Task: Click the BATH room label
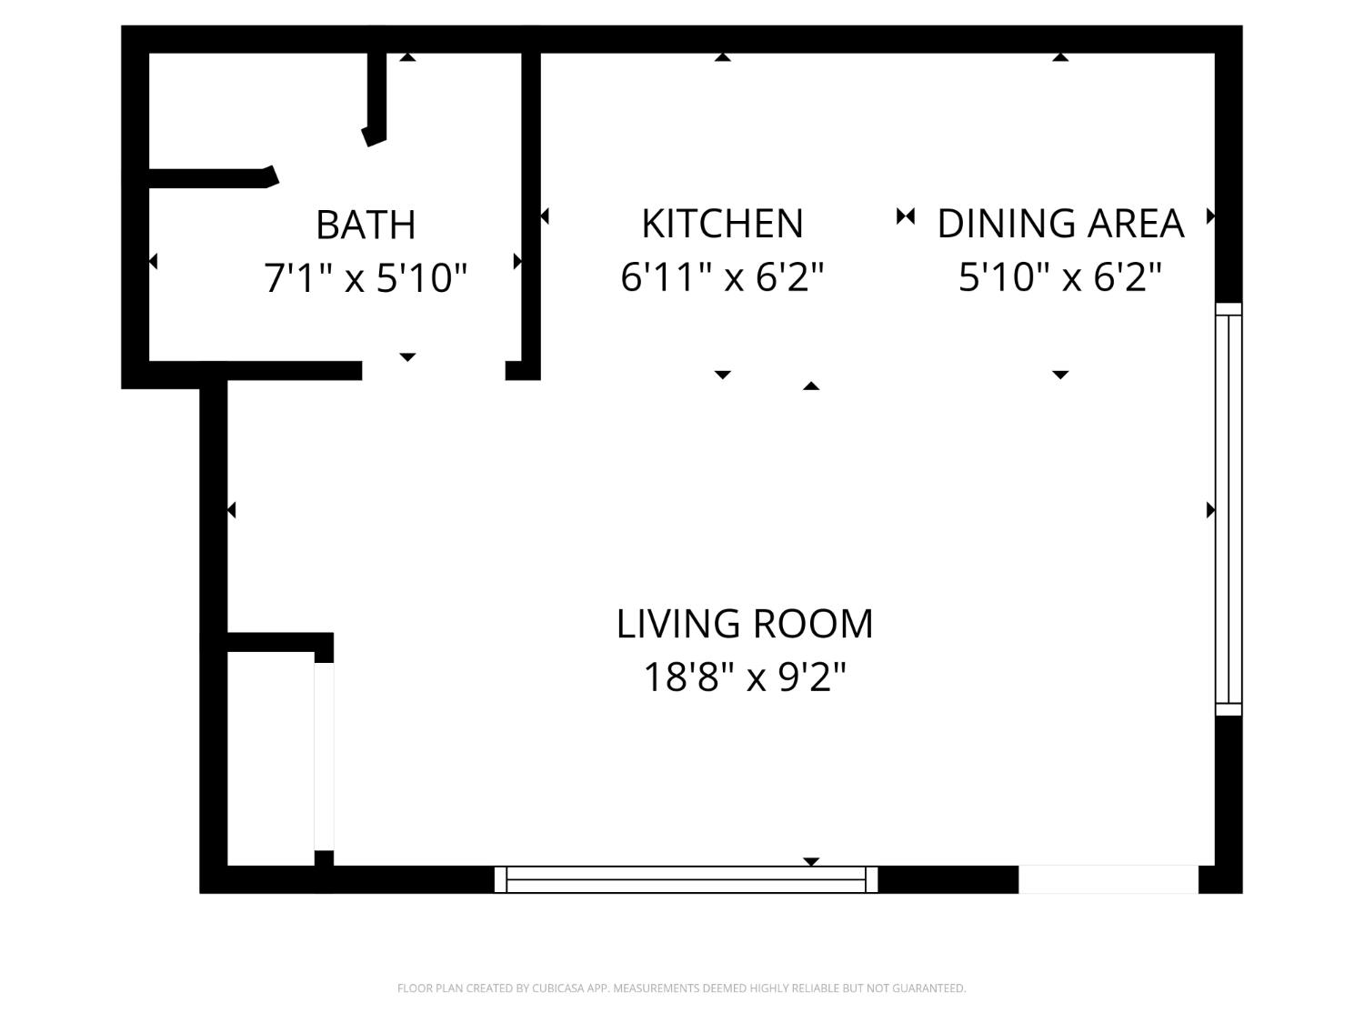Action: click(366, 225)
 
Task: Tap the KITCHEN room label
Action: click(722, 224)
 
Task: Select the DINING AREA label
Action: click(1060, 224)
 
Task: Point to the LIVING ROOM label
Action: click(744, 624)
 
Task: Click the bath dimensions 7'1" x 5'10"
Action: click(366, 277)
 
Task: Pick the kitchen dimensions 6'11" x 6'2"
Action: click(722, 276)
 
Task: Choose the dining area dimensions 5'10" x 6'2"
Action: click(1060, 276)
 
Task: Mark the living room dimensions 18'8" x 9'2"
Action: click(744, 677)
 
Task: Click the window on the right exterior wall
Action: click(1229, 509)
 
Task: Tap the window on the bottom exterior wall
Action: click(686, 879)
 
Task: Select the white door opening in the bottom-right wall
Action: click(1108, 879)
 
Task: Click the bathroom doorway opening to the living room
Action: click(434, 370)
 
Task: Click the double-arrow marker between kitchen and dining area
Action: click(905, 216)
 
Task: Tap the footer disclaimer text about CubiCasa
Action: click(681, 988)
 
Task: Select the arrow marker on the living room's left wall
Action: click(232, 510)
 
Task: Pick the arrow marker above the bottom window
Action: click(811, 860)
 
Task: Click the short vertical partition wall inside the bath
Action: click(376, 96)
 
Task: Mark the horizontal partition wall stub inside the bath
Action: click(211, 178)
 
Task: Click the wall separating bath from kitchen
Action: click(531, 214)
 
